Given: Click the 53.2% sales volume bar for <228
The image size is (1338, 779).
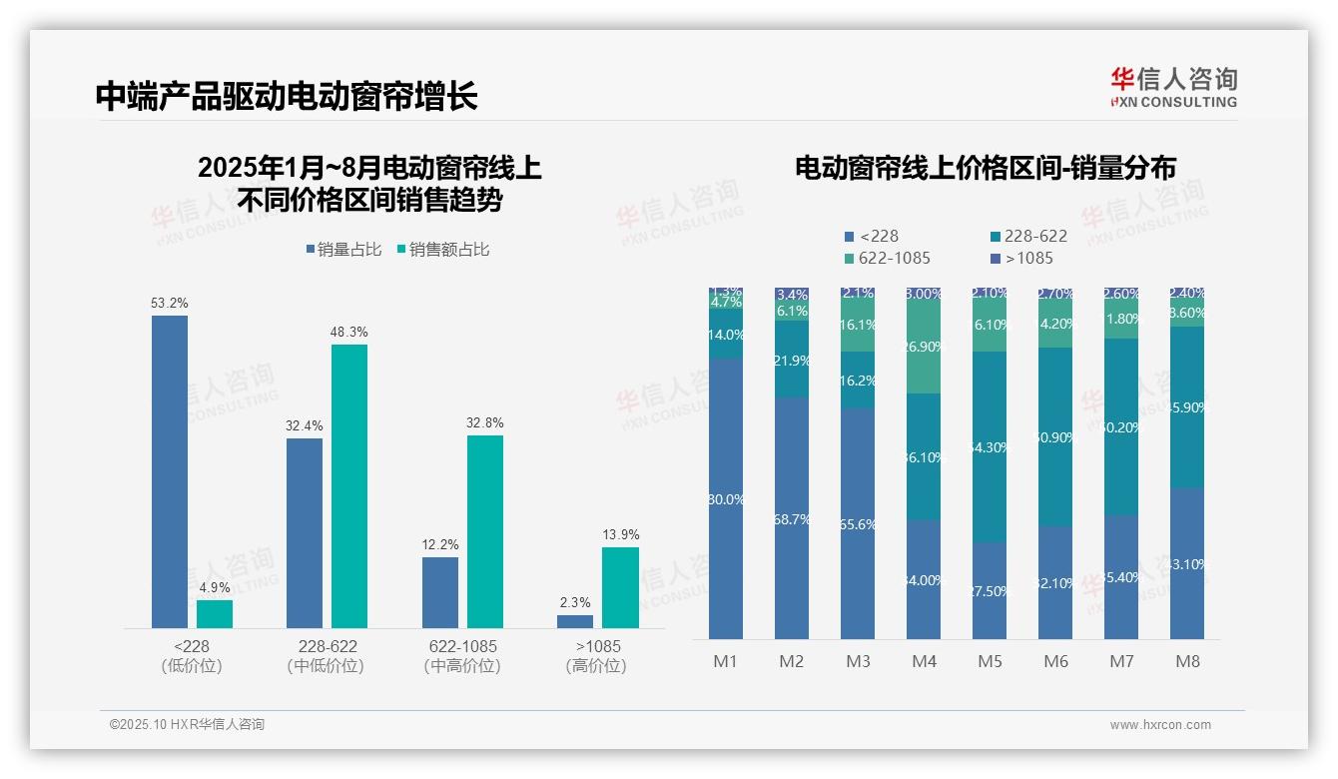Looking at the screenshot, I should (170, 471).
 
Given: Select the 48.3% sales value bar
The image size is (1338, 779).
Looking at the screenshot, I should (349, 486).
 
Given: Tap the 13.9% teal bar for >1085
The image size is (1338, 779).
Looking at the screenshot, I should (620, 587).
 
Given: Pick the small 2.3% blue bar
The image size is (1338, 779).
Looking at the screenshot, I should (575, 621).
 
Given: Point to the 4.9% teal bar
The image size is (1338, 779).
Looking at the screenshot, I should (215, 613).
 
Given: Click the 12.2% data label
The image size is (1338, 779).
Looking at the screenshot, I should (440, 545).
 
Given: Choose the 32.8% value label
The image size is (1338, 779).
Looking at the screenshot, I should (485, 423).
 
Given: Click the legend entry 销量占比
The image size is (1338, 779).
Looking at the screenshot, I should (343, 250).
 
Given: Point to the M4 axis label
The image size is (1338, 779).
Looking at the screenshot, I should (924, 662).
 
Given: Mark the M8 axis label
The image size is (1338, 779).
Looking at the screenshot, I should (1187, 662).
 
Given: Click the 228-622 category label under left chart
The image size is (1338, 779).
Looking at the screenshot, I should (326, 647).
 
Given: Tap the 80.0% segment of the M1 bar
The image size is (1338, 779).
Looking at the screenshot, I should (726, 499).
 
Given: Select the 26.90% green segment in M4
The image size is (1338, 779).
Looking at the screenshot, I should (924, 346).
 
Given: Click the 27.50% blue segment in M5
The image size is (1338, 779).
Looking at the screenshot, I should (990, 590).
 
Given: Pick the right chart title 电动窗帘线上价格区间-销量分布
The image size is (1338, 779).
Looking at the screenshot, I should (985, 168).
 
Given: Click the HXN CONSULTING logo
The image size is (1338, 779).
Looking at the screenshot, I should (1173, 88).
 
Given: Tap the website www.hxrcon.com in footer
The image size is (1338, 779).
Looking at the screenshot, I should (1160, 725).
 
